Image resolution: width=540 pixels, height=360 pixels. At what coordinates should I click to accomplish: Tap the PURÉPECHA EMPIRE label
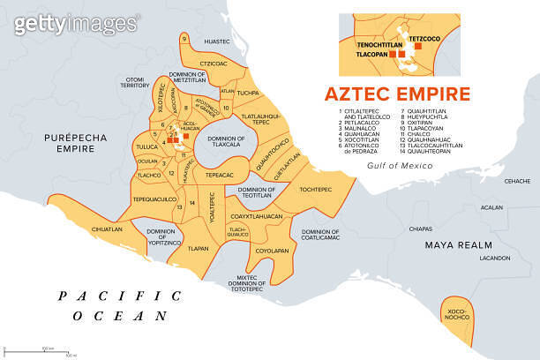click(x=70, y=143)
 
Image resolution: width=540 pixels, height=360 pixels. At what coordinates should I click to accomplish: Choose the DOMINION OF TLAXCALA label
click(x=226, y=143)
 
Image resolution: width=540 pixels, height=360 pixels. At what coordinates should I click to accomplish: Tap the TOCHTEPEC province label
click(x=316, y=189)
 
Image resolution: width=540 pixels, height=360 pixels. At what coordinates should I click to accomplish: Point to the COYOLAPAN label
click(x=272, y=251)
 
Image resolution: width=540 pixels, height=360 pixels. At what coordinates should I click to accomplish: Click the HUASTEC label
click(x=216, y=41)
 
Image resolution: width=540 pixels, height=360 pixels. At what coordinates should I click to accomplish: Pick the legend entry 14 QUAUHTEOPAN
click(x=431, y=152)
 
